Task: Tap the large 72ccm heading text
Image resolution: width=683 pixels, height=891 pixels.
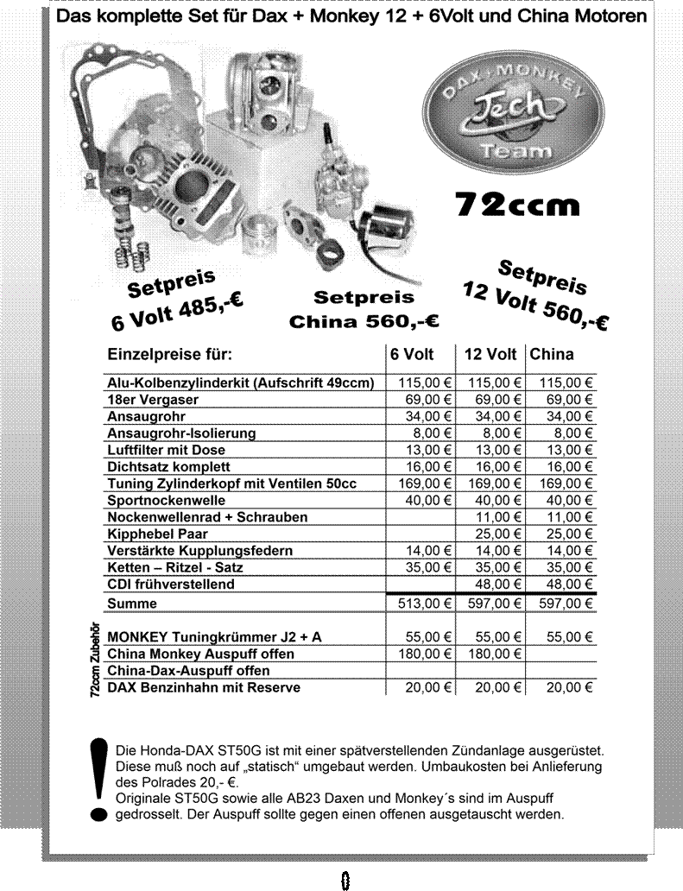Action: (x=517, y=205)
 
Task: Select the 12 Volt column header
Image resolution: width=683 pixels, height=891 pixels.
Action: (x=490, y=355)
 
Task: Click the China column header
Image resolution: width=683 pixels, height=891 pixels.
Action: (x=552, y=355)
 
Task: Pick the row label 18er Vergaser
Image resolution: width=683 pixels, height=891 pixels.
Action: (x=153, y=400)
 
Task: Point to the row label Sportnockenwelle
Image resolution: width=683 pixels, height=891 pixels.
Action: (x=167, y=500)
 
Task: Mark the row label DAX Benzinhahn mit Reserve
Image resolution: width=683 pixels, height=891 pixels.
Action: (x=204, y=687)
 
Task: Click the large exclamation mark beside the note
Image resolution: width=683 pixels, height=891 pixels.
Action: (x=100, y=780)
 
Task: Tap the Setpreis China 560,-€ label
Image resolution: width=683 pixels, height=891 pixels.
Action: (x=364, y=310)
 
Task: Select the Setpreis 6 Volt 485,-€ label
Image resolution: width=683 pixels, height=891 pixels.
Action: (x=175, y=302)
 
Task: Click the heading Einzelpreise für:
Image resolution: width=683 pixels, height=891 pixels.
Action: (x=170, y=355)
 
